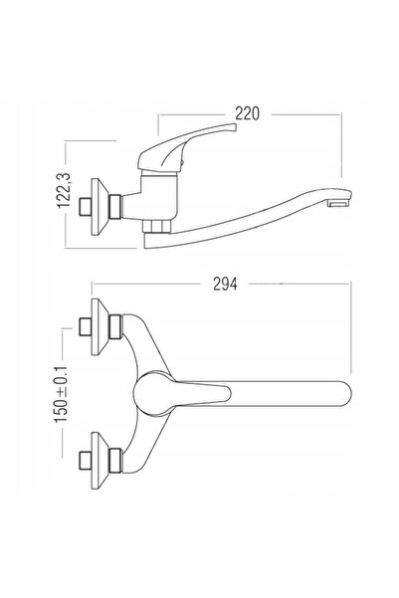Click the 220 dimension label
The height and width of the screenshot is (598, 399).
tap(247, 113)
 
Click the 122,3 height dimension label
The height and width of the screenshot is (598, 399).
tap(64, 191)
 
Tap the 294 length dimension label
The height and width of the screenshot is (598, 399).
tap(225, 285)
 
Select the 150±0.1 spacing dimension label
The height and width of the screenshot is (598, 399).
tap(61, 394)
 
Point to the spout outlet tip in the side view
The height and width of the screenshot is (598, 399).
tap(340, 203)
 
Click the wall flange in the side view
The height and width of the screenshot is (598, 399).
tap(100, 207)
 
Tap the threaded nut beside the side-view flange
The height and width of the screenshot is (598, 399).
tap(114, 207)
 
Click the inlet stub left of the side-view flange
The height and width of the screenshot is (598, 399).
tap(85, 207)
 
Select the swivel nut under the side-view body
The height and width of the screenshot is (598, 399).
tap(157, 226)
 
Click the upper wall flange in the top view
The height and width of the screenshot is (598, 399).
tap(100, 326)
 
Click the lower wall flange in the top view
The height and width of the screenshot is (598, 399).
tap(100, 461)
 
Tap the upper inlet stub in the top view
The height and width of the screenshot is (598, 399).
tap(85, 326)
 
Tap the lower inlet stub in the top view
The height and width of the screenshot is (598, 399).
tap(85, 461)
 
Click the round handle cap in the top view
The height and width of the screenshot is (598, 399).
tap(153, 393)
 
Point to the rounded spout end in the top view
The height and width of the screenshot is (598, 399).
tap(344, 393)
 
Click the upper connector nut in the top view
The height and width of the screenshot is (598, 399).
tap(115, 326)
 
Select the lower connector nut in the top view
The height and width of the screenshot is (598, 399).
tap(115, 461)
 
